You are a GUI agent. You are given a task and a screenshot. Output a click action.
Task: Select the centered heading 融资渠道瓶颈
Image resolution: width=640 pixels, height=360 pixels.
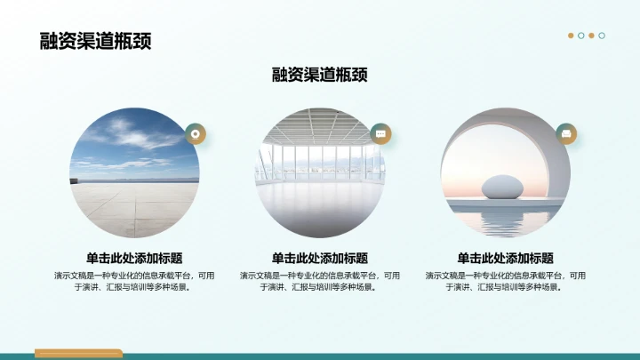coord(320,75)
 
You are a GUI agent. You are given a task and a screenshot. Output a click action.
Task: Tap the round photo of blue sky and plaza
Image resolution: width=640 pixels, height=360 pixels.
coord(134,173)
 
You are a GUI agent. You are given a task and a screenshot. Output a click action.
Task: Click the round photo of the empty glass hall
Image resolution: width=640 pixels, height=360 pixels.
coord(320,173)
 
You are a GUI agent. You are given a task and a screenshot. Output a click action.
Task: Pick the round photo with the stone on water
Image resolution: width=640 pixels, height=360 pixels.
coord(506,173)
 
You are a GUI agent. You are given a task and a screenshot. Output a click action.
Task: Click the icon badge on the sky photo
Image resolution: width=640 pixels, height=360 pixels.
coord(195,133)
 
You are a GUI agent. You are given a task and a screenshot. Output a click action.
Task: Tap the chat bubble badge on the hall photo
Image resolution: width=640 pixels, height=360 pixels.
coord(380,133)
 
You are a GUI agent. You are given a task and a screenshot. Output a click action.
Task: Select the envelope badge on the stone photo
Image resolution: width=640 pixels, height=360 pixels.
coord(566,133)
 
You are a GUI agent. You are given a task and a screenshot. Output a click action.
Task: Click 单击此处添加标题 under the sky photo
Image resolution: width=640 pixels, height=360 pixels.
coord(134,258)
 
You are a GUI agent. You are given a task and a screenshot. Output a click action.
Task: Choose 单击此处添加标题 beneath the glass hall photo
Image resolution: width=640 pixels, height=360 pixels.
coord(320,258)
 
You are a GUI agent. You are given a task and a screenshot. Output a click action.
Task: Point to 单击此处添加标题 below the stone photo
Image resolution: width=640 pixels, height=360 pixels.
coord(506,258)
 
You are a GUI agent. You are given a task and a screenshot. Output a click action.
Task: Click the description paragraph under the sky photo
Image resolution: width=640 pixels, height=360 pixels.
coord(134,281)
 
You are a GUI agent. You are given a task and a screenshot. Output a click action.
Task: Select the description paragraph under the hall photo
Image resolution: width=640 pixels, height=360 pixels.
coord(320,281)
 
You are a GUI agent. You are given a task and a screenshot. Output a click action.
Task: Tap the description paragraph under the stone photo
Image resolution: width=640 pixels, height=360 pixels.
coord(506,281)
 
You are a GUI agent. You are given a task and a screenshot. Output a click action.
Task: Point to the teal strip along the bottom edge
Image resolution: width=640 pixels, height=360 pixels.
coord(356,356)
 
